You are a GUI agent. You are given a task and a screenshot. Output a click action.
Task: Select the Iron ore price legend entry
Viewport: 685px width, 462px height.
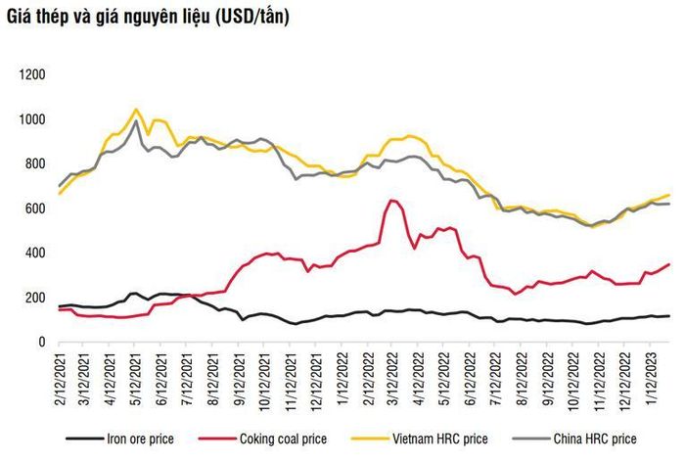tap(119, 439)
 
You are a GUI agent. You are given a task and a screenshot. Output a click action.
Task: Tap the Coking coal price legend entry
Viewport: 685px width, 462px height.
tap(262, 439)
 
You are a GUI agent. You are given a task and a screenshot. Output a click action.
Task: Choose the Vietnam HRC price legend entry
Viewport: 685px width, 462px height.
tap(420, 439)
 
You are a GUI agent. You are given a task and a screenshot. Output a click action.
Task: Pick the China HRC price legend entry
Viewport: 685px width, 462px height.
tap(574, 439)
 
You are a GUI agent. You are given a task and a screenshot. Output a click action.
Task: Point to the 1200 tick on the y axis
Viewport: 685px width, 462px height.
tap(32, 74)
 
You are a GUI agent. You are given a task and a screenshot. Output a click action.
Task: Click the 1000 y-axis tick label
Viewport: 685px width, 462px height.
tap(32, 119)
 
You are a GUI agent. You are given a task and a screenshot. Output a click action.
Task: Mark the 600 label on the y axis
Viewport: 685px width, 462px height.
tap(35, 208)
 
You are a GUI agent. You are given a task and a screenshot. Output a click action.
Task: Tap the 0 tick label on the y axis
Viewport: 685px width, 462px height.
tap(42, 342)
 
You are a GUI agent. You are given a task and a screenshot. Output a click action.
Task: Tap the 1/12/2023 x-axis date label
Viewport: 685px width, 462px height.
tap(651, 374)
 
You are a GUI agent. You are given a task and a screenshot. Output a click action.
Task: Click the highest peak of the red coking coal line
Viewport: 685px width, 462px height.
tap(391, 201)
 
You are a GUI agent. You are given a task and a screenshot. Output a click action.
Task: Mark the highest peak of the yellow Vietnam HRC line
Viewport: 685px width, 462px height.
tap(135, 110)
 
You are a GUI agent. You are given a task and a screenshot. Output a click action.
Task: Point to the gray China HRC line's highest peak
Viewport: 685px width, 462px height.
tap(136, 121)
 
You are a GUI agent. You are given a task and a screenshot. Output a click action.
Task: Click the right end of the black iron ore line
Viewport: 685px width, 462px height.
tap(669, 316)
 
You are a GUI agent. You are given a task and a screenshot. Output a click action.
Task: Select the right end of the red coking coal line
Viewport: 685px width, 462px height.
tap(669, 264)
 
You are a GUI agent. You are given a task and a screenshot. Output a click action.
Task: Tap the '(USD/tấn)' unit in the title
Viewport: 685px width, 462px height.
tap(252, 17)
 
